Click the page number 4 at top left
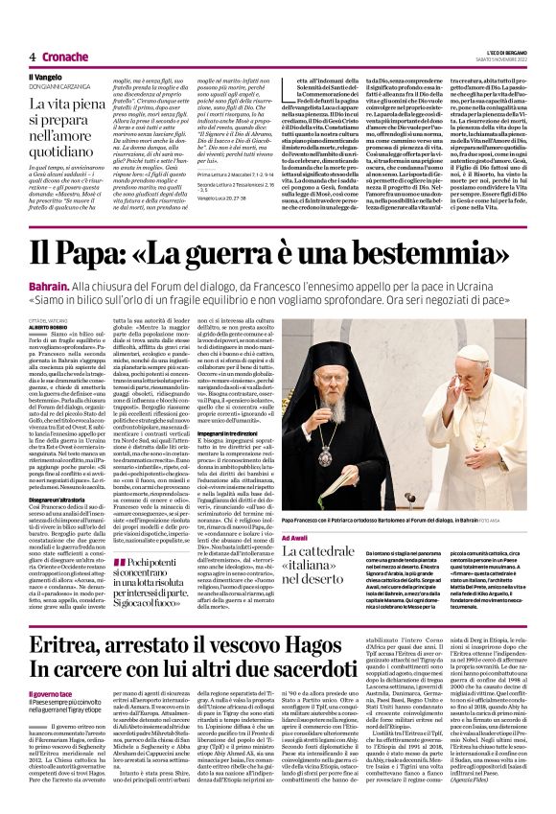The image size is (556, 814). [x=32, y=57]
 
